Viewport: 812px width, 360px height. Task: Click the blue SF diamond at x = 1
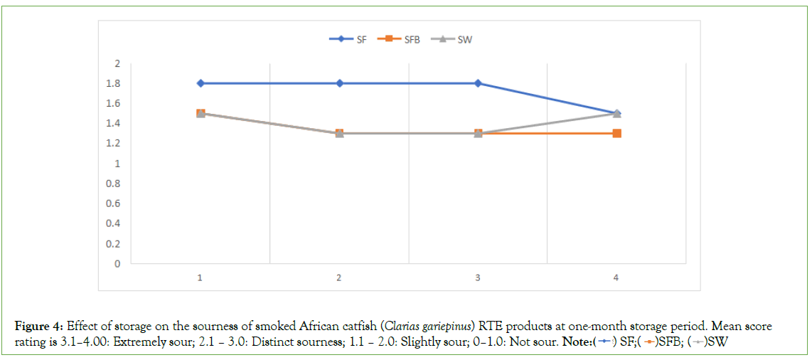[x=201, y=83]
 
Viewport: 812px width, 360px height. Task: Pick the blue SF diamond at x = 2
[x=340, y=83]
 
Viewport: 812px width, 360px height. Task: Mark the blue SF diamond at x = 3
[x=478, y=83]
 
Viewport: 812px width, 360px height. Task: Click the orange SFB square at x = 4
[x=616, y=133]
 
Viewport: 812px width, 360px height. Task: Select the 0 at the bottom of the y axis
[x=117, y=264]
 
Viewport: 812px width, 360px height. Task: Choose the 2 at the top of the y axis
[x=117, y=63]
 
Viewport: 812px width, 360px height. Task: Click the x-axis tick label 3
[x=478, y=277]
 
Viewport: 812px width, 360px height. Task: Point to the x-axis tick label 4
[x=616, y=277]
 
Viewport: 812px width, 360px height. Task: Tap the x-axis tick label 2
[x=339, y=277]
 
